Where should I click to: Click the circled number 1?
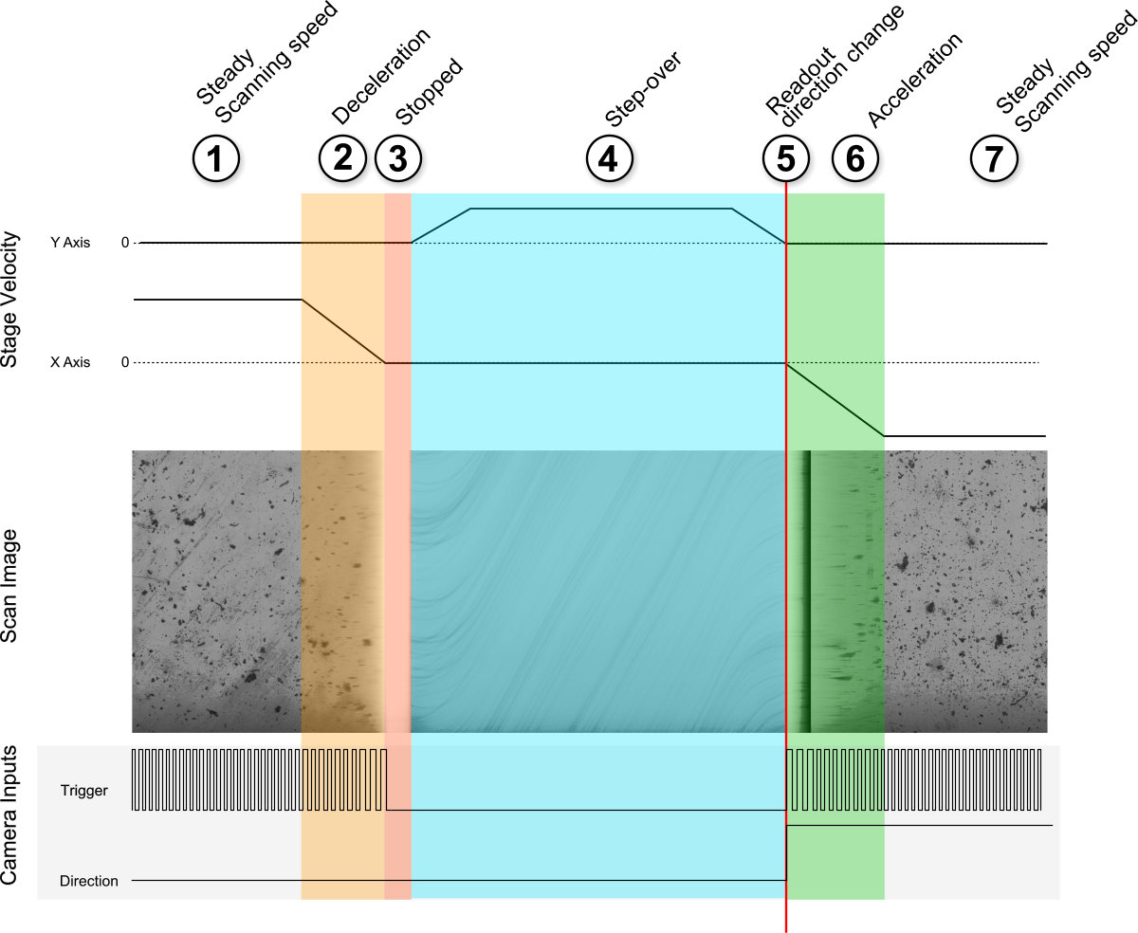[216, 158]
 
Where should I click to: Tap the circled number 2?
[342, 157]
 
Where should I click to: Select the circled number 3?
[398, 158]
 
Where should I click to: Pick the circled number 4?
[609, 158]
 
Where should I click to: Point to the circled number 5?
[785, 158]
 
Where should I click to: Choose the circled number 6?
[855, 158]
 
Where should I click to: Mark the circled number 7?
[994, 158]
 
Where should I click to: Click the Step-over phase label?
[643, 89]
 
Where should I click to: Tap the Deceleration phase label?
[381, 76]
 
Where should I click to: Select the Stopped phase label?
[429, 91]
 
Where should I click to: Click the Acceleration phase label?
[915, 80]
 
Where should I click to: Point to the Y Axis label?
[70, 243]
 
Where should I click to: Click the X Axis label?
[70, 362]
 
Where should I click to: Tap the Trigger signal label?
[84, 791]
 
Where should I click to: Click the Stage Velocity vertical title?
[9, 300]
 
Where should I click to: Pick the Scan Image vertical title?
[9, 585]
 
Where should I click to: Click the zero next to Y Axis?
[125, 243]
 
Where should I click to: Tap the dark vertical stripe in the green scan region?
[808, 592]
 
